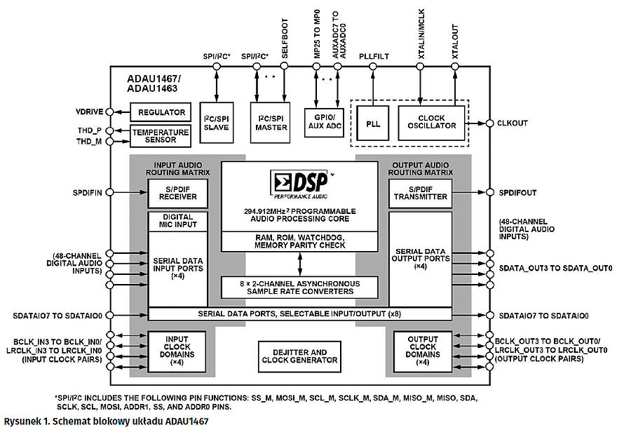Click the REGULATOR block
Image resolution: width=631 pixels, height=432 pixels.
(x=161, y=112)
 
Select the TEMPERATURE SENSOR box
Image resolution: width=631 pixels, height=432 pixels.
(x=161, y=136)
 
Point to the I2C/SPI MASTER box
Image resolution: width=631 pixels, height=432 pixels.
(x=271, y=122)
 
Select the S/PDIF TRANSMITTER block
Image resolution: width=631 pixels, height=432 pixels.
(x=420, y=193)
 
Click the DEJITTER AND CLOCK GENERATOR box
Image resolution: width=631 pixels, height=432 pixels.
(x=299, y=356)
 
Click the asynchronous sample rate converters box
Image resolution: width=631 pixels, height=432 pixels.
(x=299, y=288)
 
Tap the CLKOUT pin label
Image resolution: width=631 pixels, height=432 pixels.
(x=513, y=123)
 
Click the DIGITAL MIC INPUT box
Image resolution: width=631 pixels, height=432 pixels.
(x=178, y=222)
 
